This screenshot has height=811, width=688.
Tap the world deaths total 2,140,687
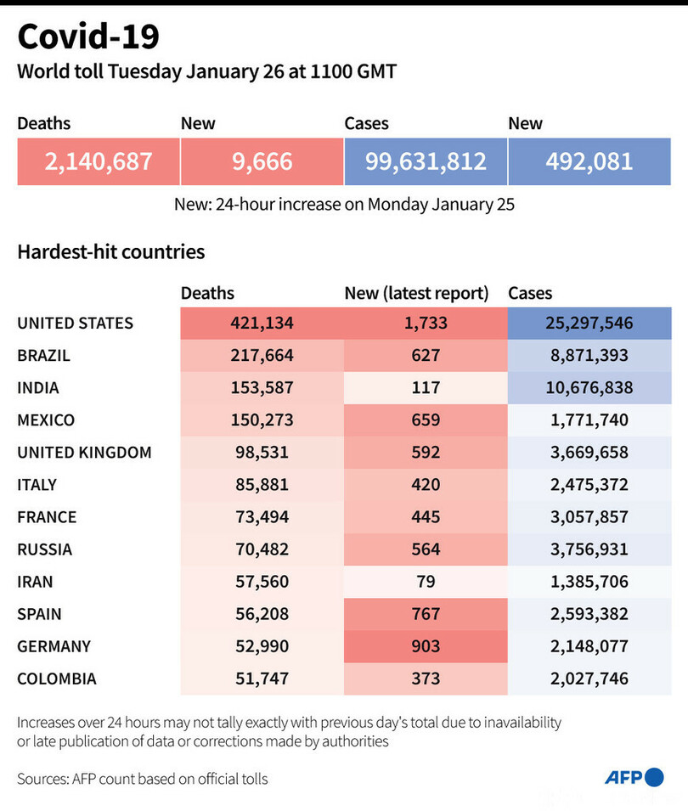tap(99, 161)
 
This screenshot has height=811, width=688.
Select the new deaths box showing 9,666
tap(262, 161)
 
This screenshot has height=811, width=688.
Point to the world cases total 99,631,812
tap(426, 161)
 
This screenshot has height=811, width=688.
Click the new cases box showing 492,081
tap(589, 161)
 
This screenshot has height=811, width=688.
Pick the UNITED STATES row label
tap(76, 323)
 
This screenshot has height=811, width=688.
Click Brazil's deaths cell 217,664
tap(262, 355)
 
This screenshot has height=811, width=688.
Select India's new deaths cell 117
tap(426, 387)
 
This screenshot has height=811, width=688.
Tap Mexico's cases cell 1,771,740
tap(589, 420)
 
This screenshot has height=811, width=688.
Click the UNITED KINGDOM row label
tap(84, 452)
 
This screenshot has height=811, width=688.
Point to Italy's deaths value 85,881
tap(262, 484)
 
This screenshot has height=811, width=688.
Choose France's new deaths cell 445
tap(426, 516)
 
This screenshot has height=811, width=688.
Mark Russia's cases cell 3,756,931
tap(589, 549)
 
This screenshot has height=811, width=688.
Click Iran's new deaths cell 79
tap(426, 581)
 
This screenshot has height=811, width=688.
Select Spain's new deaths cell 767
tap(426, 613)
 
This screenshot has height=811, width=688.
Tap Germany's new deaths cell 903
tap(426, 645)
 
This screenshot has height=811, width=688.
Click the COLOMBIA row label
tap(57, 678)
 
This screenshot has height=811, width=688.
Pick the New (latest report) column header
tap(416, 293)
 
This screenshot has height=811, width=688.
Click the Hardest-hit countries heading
tap(110, 251)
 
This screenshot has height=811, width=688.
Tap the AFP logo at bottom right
tap(634, 777)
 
